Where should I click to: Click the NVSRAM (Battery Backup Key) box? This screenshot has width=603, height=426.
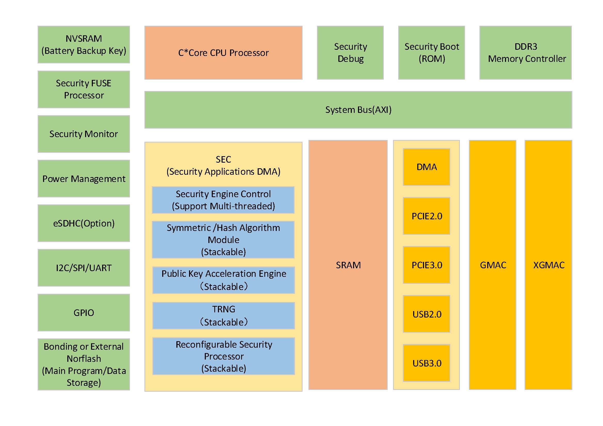coord(84,45)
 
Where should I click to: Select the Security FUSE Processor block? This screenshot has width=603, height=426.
coord(84,89)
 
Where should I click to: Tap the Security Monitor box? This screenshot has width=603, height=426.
coord(84,134)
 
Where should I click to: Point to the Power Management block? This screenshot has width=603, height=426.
coord(84,179)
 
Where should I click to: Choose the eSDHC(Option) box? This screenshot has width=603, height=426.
coord(84,223)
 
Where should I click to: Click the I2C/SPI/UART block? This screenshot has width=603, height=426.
coord(84,268)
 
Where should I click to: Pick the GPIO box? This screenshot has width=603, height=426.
coord(84,312)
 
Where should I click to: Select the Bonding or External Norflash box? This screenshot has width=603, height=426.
coord(84,364)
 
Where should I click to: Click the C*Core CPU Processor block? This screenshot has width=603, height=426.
coord(223,53)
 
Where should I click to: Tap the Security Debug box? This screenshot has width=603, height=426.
coord(350,53)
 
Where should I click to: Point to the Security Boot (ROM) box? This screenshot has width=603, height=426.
coord(431,53)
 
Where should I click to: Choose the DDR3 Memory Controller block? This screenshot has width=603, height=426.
coord(526,53)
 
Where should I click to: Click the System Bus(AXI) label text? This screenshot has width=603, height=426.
coord(358,110)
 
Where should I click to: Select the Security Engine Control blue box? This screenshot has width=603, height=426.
coord(223,200)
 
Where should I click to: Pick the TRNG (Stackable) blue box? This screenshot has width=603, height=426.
coord(224,315)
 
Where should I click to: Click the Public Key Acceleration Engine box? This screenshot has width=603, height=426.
coord(224,280)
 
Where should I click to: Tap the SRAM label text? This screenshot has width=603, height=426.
coord(348,265)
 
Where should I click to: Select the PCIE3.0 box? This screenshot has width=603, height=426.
coord(427,265)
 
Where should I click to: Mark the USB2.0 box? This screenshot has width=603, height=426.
coord(427,314)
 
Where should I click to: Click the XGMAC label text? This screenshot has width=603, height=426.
coord(549,265)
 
